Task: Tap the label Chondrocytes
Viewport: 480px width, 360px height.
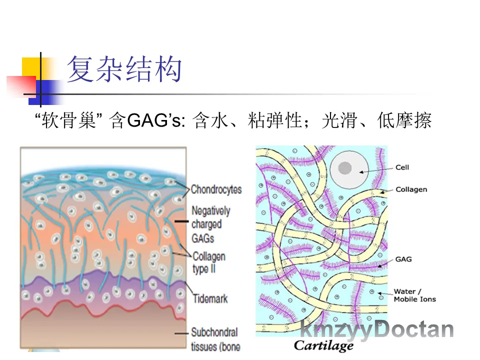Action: coord(216,189)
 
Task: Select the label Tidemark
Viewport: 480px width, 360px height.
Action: coord(210,299)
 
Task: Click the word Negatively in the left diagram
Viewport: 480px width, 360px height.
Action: coord(210,210)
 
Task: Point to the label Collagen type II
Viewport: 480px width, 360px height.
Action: coord(208,263)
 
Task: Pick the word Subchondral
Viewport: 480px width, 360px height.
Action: coord(214,332)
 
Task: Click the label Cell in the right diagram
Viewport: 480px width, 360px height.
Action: coord(402,167)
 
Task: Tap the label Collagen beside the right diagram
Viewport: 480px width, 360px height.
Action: coord(411,189)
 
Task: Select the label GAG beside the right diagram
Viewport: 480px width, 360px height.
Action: coord(403,259)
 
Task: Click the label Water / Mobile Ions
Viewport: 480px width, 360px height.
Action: coord(414,295)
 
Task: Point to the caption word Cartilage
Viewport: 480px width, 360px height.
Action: coord(323,345)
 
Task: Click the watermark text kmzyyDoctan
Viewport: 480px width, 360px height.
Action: coord(377,330)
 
